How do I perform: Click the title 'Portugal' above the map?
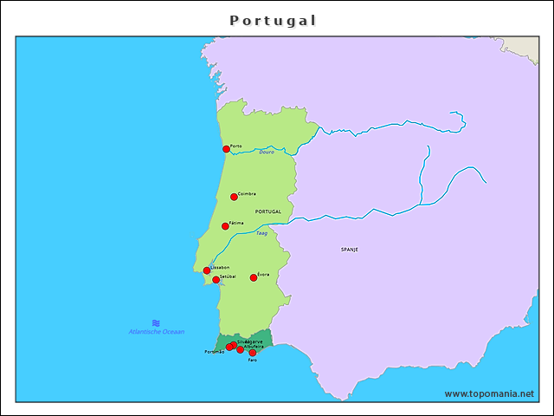tap(274, 19)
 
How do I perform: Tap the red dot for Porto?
tap(227, 149)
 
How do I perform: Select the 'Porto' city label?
tap(236, 146)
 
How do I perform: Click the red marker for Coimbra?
tap(234, 197)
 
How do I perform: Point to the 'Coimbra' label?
tap(247, 194)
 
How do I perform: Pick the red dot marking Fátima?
tap(225, 226)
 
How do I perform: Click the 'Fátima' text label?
tap(236, 223)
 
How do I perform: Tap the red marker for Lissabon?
tap(207, 271)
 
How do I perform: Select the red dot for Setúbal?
tap(216, 280)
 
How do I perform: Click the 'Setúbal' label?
tap(228, 276)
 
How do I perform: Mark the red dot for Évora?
tap(254, 277)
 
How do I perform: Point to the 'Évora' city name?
tap(263, 274)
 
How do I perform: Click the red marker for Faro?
tap(253, 353)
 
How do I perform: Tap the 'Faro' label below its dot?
tap(252, 361)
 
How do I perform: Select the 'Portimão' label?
tap(215, 352)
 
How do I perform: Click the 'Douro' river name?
tap(267, 153)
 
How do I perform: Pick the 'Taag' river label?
tap(261, 233)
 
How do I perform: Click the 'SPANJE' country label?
tap(350, 249)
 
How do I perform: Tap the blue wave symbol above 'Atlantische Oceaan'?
tap(156, 322)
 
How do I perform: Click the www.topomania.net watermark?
tap(489, 393)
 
